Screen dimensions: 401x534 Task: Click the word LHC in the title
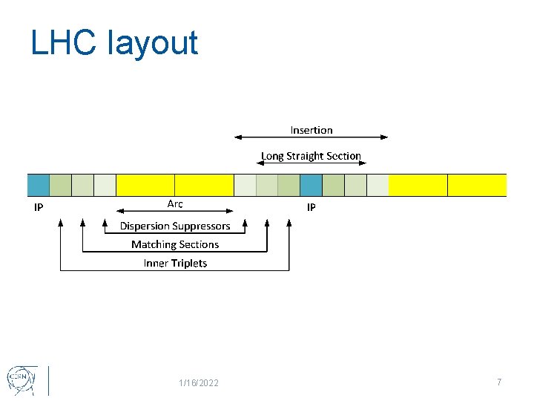click(x=63, y=43)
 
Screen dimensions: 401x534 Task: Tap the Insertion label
click(x=311, y=130)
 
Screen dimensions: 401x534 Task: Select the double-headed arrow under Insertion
click(x=311, y=137)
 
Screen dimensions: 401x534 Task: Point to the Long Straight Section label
click(x=311, y=156)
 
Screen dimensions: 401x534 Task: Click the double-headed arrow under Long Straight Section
click(x=311, y=163)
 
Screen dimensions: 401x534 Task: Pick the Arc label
click(x=175, y=203)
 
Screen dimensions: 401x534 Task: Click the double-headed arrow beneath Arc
click(x=175, y=211)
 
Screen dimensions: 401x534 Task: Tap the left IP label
click(x=39, y=207)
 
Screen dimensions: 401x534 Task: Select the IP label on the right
click(x=311, y=207)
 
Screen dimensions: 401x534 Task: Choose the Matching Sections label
click(x=175, y=244)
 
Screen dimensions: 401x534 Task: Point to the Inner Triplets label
click(x=175, y=263)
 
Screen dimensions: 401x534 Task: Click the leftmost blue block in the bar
click(x=39, y=185)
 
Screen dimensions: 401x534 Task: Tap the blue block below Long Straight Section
click(x=311, y=185)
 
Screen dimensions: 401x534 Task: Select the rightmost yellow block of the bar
click(x=477, y=185)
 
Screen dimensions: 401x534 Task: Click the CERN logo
click(x=20, y=379)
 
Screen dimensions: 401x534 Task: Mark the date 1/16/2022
click(x=199, y=382)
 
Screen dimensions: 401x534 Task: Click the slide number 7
click(x=499, y=382)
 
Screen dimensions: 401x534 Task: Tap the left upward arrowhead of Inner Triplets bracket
click(x=60, y=222)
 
